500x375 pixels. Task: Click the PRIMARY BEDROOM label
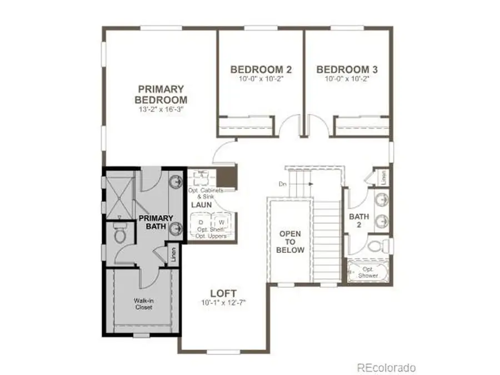click(x=161, y=94)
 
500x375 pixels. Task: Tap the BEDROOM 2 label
click(x=261, y=69)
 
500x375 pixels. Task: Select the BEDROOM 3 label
click(x=347, y=69)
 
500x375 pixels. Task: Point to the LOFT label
click(x=224, y=293)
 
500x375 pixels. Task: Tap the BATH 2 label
click(x=355, y=221)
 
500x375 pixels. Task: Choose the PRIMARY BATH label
click(x=156, y=222)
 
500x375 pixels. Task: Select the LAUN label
click(x=201, y=205)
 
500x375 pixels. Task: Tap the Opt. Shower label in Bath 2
click(x=367, y=272)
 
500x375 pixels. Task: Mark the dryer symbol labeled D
click(x=201, y=222)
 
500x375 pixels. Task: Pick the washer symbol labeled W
click(x=221, y=222)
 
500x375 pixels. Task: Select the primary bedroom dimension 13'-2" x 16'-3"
click(x=161, y=110)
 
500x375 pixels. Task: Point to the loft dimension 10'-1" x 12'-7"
click(x=224, y=303)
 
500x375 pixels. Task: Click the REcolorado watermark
click(x=386, y=368)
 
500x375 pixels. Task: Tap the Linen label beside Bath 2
click(x=383, y=177)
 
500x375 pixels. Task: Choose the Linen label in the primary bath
click(x=174, y=254)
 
